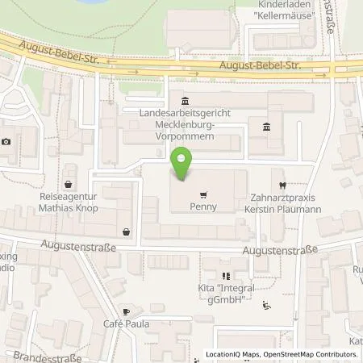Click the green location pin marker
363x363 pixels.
[185, 166]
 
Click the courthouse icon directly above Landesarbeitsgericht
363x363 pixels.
[186, 102]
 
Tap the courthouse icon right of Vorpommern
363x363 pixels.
[266, 127]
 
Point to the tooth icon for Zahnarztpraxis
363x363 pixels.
[281, 184]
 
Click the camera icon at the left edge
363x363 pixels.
[6, 142]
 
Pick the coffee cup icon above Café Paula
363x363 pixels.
[127, 311]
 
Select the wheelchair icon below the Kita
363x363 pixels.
[267, 305]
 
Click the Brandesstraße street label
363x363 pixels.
[34, 355]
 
